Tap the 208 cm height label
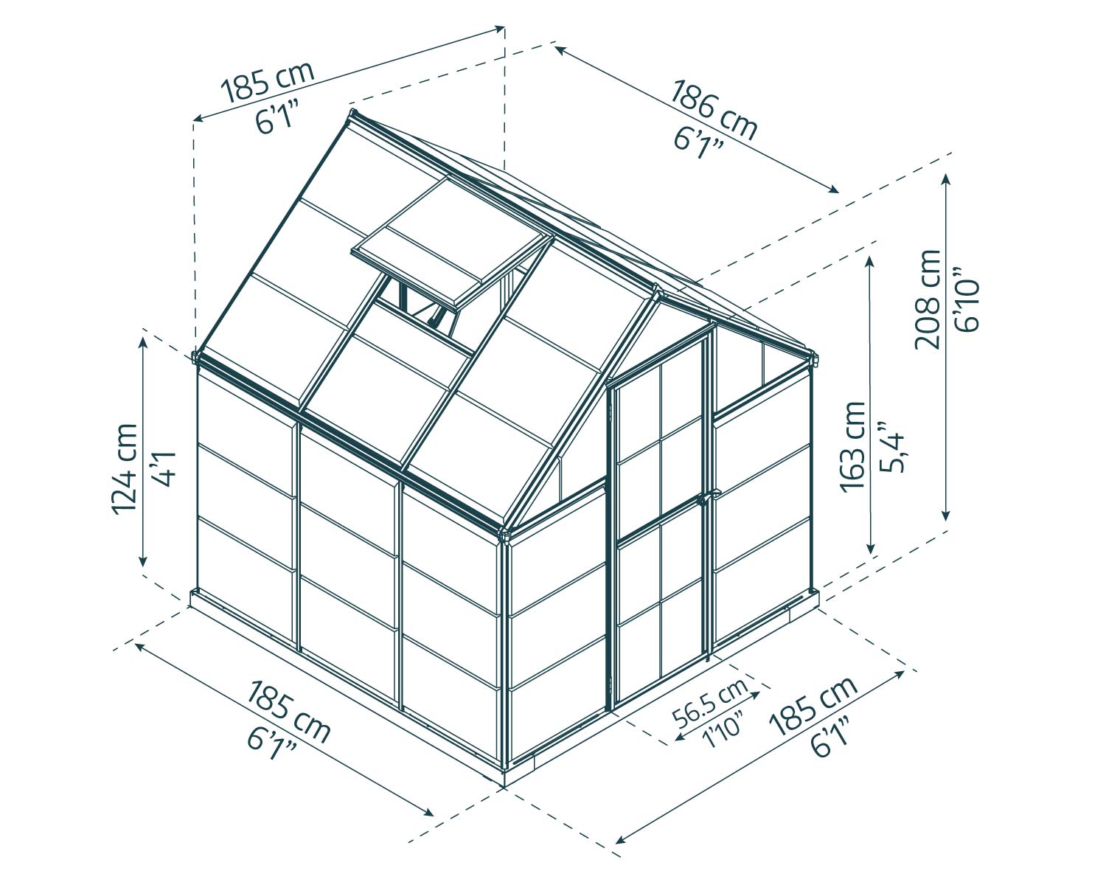tap(928, 299)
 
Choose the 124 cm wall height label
tap(122, 468)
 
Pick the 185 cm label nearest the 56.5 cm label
tap(813, 706)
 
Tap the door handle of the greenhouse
tap(705, 499)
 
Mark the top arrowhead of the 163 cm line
tap(871, 260)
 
